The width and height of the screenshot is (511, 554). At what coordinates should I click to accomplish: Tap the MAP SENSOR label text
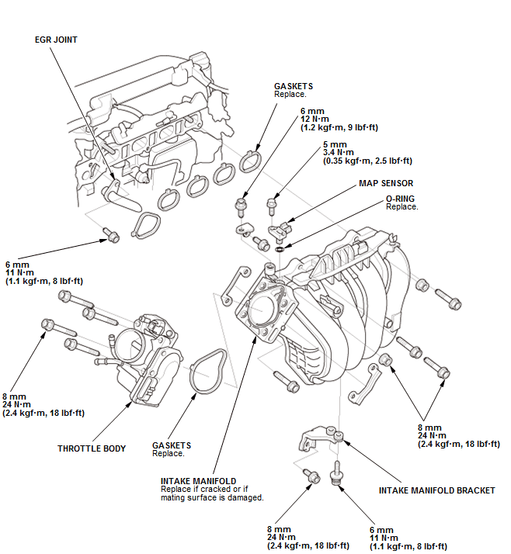[386, 184]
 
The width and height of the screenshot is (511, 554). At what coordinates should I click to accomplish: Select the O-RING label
[401, 199]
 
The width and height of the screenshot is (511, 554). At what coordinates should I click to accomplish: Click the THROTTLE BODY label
[92, 448]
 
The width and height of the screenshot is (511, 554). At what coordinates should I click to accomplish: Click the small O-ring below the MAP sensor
[279, 249]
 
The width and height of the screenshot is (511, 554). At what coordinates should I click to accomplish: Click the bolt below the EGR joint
[111, 235]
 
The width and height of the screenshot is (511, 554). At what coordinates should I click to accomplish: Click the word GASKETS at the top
[294, 86]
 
